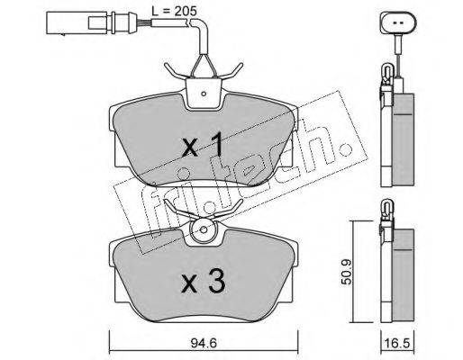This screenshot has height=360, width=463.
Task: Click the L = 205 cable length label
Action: (x=174, y=11)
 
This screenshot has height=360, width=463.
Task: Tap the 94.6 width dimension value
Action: (x=204, y=344)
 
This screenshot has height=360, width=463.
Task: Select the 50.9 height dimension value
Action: (x=346, y=272)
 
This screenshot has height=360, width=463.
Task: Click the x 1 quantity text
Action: (x=203, y=145)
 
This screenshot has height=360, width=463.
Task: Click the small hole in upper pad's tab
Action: (x=204, y=94)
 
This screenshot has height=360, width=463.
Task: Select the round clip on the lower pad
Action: (x=204, y=230)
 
